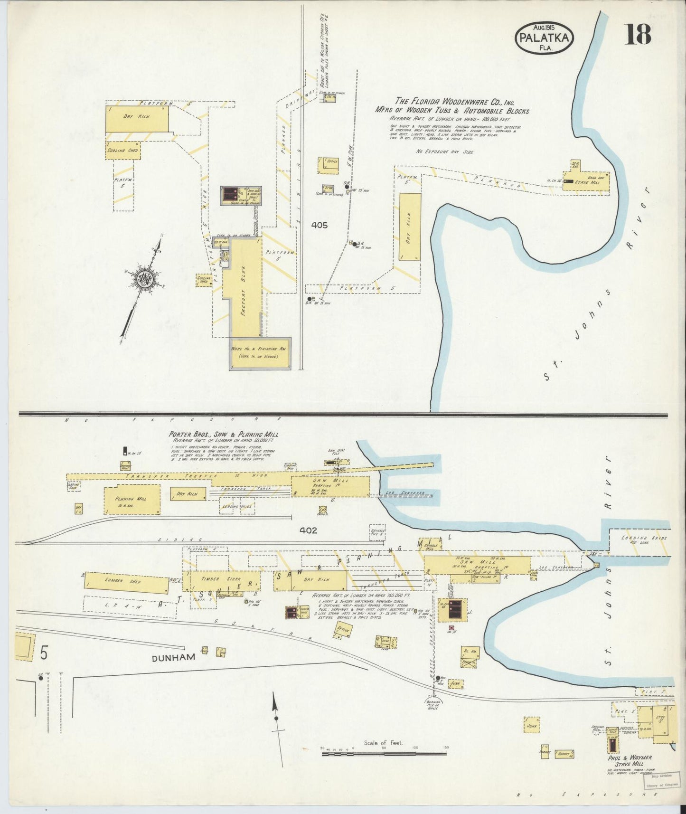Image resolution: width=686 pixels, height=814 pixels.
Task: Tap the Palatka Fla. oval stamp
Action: click(544, 37)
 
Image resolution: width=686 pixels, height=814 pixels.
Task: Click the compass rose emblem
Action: click(141, 279)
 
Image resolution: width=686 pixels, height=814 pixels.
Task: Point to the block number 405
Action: click(320, 226)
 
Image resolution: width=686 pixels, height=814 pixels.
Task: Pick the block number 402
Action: click(308, 530)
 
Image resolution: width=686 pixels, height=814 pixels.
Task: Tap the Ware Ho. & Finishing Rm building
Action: click(260, 353)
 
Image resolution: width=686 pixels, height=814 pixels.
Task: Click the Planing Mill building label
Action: click(131, 499)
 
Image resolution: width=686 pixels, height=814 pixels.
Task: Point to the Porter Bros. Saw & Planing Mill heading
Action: click(224, 434)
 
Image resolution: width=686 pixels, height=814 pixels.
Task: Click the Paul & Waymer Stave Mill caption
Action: click(629, 761)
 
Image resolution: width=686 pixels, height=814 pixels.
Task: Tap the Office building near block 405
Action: click(328, 165)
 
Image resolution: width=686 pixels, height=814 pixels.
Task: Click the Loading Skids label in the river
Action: click(644, 538)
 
